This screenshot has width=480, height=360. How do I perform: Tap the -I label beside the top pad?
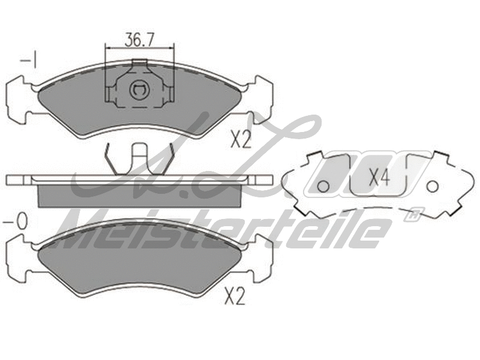click(x=29, y=61)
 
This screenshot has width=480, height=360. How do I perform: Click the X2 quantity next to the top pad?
click(x=241, y=140)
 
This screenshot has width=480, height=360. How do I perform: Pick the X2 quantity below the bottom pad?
click(x=235, y=296)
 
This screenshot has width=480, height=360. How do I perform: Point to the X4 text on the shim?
click(x=379, y=177)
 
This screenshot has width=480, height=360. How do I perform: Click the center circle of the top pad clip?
click(x=139, y=91)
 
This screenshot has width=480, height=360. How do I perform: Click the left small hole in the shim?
click(x=322, y=187)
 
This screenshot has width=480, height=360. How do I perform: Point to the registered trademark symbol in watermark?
click(x=411, y=214)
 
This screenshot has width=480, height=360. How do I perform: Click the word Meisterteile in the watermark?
click(x=222, y=230)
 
